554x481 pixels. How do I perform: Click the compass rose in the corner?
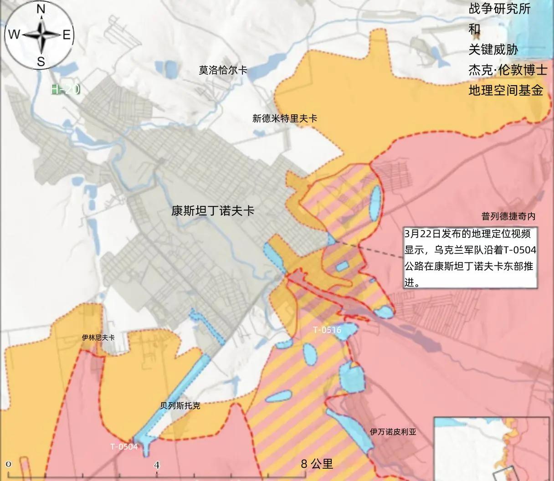pos(40,35)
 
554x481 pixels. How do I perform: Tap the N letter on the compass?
pos(41,9)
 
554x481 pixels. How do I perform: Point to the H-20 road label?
pos(65,89)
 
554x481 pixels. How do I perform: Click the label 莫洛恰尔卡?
pos(223,70)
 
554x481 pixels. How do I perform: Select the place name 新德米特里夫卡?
pos(284,118)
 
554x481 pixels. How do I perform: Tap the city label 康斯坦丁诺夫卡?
pos(212,210)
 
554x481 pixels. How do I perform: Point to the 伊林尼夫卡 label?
pos(98,338)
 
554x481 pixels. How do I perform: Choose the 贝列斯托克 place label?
pos(180,405)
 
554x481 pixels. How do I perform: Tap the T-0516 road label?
pos(327,330)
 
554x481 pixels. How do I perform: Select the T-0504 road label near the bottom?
pos(123,446)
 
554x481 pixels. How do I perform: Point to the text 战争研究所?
pos(499,9)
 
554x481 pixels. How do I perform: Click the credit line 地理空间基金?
pos(506,90)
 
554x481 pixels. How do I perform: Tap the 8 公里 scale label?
pos(317,464)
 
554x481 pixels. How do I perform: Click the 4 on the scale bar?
pos(157,465)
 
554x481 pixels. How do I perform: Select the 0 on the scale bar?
pos(9,464)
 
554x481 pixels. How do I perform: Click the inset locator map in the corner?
pos(493,449)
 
